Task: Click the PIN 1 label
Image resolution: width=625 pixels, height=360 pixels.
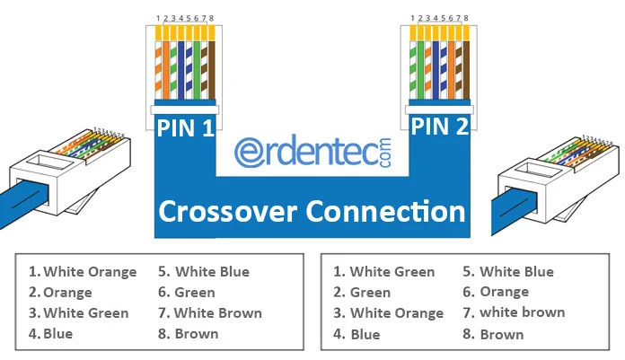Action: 185,127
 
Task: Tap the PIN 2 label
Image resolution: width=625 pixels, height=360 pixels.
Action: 440,126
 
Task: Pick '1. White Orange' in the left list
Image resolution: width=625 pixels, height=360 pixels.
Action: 83,272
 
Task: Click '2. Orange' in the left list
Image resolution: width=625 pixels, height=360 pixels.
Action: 60,293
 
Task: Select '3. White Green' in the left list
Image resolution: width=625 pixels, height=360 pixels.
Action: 78,313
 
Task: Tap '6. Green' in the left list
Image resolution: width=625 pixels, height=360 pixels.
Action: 186,293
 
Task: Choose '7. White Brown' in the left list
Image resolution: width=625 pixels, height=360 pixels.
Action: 209,313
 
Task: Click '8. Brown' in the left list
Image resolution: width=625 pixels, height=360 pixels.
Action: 188,334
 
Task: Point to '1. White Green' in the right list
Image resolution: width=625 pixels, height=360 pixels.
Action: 383,272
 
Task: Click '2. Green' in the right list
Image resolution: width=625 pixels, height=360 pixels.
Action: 361,293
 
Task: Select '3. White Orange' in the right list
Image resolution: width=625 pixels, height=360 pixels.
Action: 388,313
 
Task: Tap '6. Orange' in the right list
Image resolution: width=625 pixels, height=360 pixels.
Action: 493,292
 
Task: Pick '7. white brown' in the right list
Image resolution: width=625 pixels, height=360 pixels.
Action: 514,312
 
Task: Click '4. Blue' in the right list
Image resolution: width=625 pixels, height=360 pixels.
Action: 356,334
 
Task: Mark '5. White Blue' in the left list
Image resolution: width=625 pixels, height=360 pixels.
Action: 203,272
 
